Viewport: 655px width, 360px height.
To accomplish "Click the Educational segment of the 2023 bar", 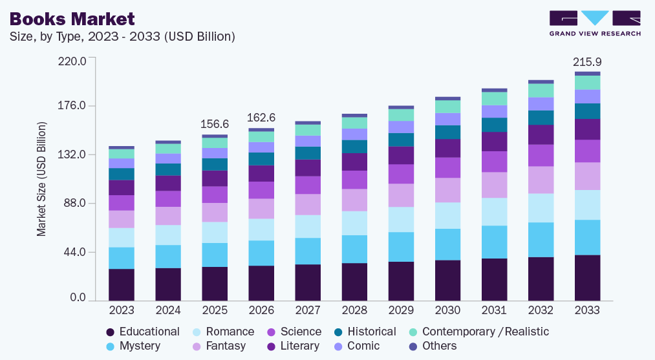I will pyautogui.click(x=122, y=284).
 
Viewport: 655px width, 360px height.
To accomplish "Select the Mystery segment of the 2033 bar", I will pyautogui.click(x=587, y=237).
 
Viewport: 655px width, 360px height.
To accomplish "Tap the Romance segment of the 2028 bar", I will pyautogui.click(x=354, y=223).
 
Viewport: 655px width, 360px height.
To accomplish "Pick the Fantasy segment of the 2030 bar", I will pyautogui.click(x=447, y=190).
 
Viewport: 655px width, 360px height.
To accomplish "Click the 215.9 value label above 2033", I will pyautogui.click(x=587, y=62).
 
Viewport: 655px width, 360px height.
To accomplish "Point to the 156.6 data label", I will pyautogui.click(x=215, y=124).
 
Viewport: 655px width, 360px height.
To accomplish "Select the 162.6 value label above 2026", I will pyautogui.click(x=261, y=118).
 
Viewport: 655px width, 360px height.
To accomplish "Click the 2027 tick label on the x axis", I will pyautogui.click(x=308, y=311).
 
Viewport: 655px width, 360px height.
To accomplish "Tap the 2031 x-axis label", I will pyautogui.click(x=494, y=311).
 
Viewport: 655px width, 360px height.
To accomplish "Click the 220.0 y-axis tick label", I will pyautogui.click(x=72, y=61).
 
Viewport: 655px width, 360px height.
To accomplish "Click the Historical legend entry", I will pyautogui.click(x=371, y=332).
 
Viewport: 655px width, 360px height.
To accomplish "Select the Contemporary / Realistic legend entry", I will pyautogui.click(x=485, y=332).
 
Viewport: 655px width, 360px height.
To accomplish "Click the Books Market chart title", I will pyautogui.click(x=72, y=18).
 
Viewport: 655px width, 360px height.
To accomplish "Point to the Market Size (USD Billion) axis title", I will pyautogui.click(x=42, y=178).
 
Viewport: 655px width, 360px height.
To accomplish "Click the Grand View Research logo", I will pyautogui.click(x=595, y=23).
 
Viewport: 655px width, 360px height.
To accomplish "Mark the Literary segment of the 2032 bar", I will pyautogui.click(x=541, y=134).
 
